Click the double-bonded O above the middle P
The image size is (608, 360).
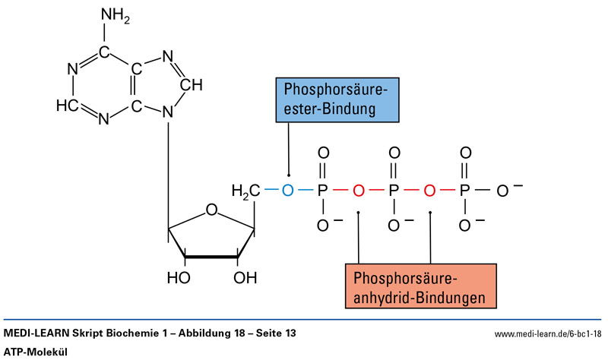(394, 152)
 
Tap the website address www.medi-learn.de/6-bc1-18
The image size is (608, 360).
(547, 334)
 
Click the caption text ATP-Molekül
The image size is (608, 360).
(36, 352)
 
